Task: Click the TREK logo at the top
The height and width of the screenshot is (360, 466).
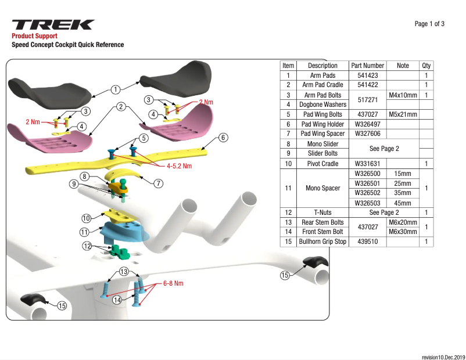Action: click(53, 25)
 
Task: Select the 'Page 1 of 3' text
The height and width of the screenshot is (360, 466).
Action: click(429, 24)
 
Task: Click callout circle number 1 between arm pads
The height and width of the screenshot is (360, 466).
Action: click(116, 89)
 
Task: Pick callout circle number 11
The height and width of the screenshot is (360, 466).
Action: click(85, 232)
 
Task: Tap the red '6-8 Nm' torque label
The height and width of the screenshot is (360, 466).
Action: click(173, 283)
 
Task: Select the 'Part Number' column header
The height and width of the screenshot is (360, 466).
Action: click(367, 66)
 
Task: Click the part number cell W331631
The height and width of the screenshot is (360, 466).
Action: click(367, 164)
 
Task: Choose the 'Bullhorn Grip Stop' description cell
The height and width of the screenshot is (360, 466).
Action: click(322, 242)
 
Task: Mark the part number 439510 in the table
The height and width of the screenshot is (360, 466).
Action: click(367, 242)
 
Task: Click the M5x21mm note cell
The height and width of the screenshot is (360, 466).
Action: click(403, 114)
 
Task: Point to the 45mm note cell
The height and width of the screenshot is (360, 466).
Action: click(402, 203)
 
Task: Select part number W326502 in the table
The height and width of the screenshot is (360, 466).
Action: click(367, 193)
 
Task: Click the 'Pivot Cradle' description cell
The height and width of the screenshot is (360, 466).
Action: click(322, 164)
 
